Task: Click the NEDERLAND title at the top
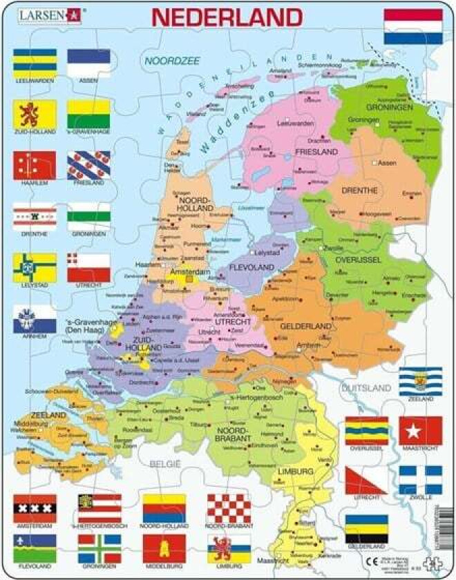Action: click(x=227, y=17)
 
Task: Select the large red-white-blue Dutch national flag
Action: click(x=413, y=27)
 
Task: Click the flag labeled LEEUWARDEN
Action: click(x=35, y=63)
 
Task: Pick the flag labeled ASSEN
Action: click(x=88, y=63)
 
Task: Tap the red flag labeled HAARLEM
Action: click(x=35, y=165)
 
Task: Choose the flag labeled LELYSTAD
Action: click(x=35, y=267)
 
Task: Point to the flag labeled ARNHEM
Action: click(x=35, y=319)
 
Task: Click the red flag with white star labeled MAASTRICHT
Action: click(x=420, y=430)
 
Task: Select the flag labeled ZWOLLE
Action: click(x=420, y=480)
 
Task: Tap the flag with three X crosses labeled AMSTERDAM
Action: click(x=35, y=507)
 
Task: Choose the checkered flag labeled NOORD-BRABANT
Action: click(x=229, y=507)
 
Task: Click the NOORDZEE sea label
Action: click(x=171, y=61)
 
